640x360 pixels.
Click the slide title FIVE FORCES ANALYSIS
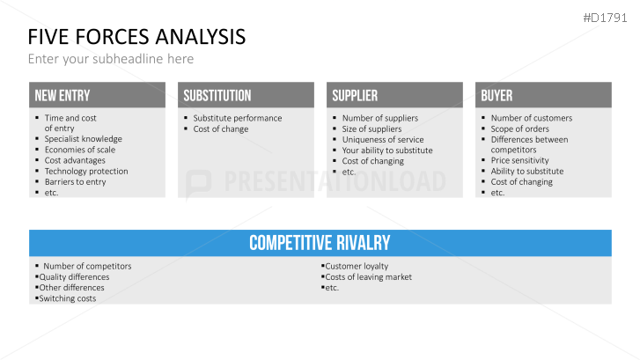[136, 37]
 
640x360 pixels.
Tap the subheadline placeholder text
[111, 59]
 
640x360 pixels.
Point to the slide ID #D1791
[605, 18]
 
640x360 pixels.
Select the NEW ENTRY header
[62, 96]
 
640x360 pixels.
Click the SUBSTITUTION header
[217, 96]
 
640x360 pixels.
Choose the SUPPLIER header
[355, 96]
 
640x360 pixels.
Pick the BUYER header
[497, 96]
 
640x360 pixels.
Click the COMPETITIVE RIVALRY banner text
[320, 243]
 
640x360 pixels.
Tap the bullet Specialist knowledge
[84, 139]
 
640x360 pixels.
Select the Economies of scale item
[80, 150]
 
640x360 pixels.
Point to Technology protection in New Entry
[86, 172]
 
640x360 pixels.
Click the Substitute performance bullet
[238, 118]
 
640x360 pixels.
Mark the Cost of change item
[221, 129]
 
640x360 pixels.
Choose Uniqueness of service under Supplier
[383, 140]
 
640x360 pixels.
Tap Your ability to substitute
[387, 151]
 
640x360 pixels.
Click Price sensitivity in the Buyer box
[519, 160]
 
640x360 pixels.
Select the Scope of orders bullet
[519, 129]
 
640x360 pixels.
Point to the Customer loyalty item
[357, 266]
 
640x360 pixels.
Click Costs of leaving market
[369, 277]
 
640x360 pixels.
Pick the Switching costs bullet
[68, 298]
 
